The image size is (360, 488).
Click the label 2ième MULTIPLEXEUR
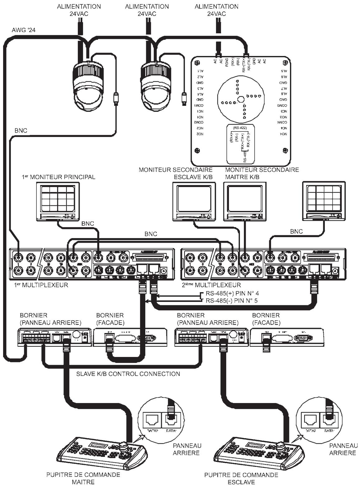coord(211,285)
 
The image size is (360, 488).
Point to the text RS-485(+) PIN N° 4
coord(232,293)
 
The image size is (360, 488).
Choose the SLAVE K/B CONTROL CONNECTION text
coord(128,374)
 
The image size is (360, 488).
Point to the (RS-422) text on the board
coord(240,128)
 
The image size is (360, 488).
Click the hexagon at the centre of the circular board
coord(240,99)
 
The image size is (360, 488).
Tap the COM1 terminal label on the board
coord(199,105)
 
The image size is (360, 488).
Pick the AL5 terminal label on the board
coord(283,71)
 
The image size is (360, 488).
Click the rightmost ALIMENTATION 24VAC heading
coord(216,10)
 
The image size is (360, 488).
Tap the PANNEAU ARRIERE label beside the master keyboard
coord(187,449)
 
